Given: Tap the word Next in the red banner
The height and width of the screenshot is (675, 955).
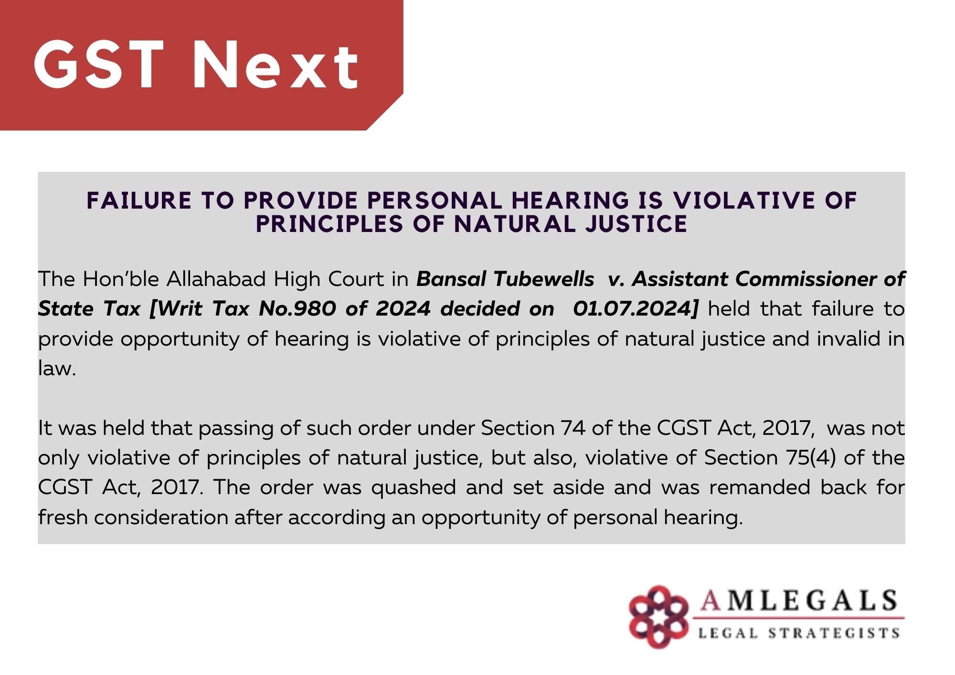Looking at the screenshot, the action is (276, 65).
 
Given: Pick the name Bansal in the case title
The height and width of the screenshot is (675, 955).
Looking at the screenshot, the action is (452, 279).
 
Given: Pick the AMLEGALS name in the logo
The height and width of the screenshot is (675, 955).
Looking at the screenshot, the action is (798, 601).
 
